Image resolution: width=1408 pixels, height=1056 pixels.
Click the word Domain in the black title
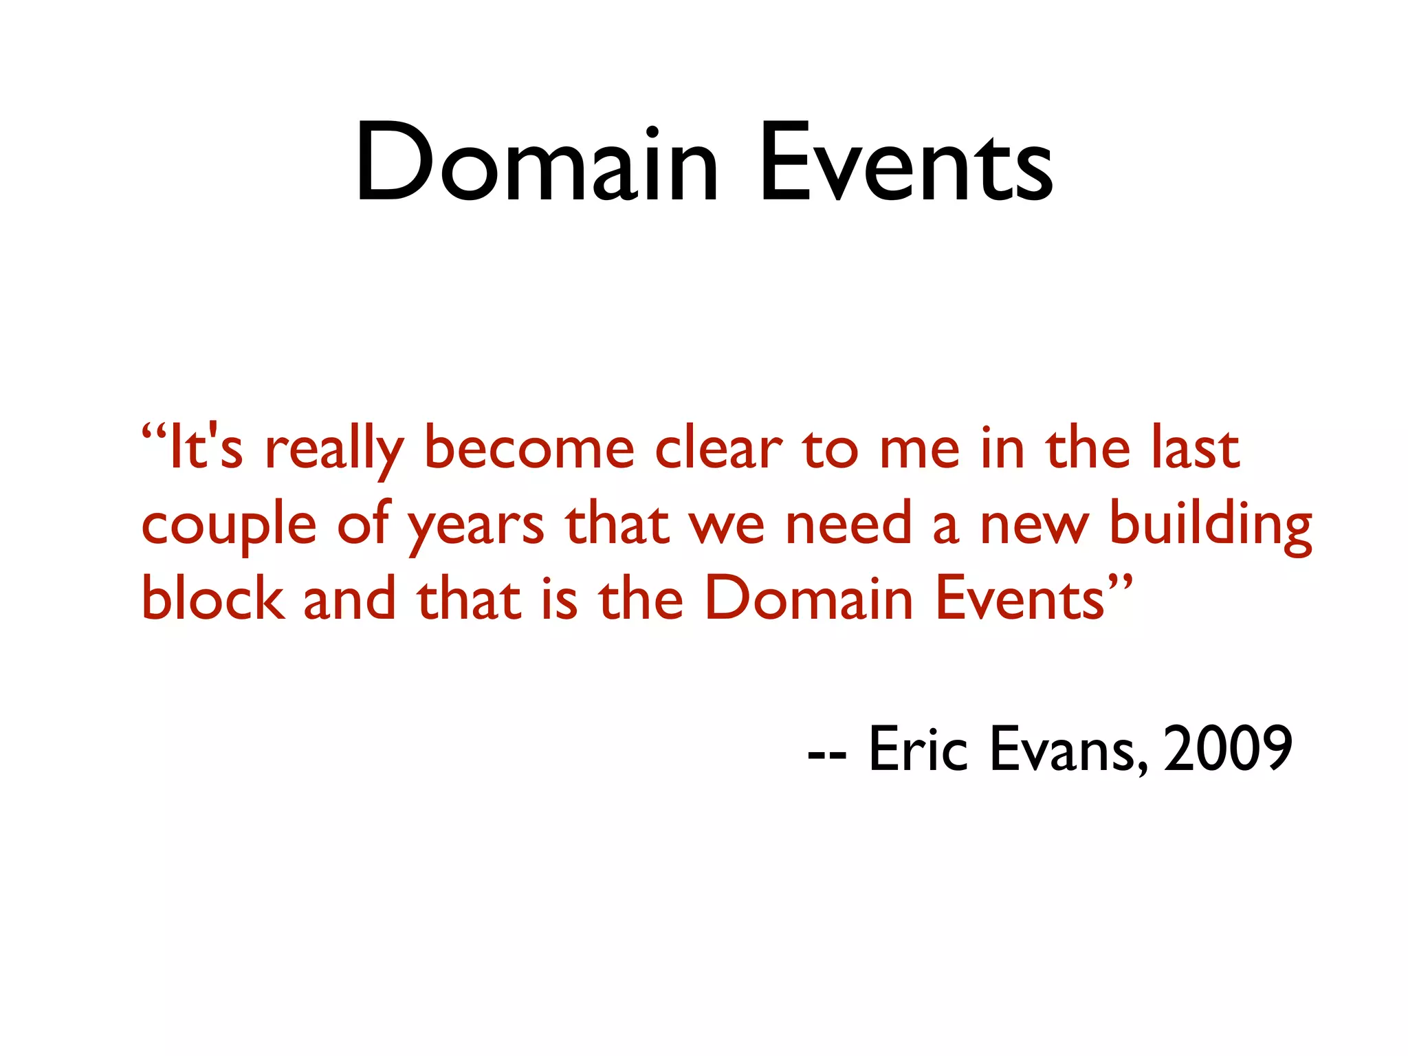(537, 164)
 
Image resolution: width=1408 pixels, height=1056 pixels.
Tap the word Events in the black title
(905, 164)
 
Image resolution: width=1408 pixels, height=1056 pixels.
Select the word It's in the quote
(205, 448)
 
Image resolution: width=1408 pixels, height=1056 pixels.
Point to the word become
(529, 448)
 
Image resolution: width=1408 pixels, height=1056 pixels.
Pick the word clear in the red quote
(718, 448)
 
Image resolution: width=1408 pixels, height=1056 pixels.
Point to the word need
(848, 523)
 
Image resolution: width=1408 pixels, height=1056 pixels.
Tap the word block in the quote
(212, 597)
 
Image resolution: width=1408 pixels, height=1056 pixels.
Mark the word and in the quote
(349, 599)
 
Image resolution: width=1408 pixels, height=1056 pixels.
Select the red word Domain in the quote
(808, 597)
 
